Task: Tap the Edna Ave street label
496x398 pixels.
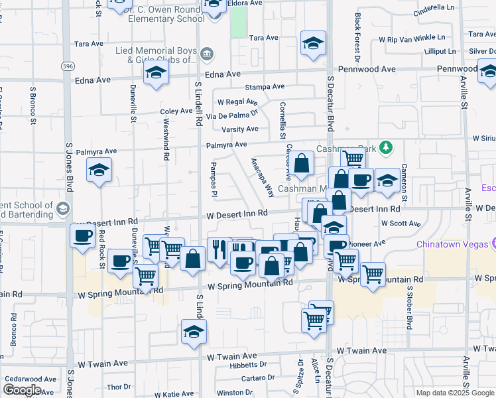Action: [x=94, y=80]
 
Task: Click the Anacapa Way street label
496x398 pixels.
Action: [x=263, y=177]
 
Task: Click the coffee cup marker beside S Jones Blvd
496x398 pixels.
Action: [x=83, y=236]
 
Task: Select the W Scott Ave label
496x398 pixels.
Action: [x=401, y=224]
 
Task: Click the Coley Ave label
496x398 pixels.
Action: [x=176, y=111]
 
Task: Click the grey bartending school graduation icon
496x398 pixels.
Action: [x=63, y=208]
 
